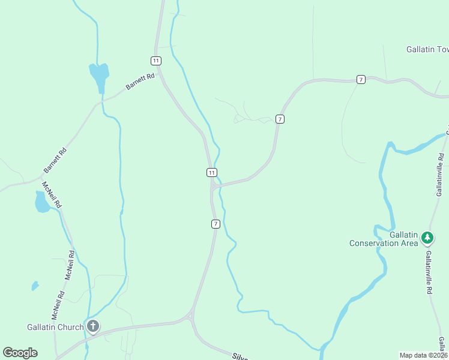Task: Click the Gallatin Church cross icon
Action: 93,326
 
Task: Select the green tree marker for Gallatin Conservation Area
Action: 427,238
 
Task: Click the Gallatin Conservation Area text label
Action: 384,239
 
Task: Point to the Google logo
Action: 20,353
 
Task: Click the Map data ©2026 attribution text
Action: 424,355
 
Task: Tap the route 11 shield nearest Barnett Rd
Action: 156,61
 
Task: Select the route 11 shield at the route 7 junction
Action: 212,173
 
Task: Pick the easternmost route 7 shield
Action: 361,79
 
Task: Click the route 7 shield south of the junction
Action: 215,224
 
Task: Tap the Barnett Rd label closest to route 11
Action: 140,82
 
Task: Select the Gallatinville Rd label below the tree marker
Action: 430,272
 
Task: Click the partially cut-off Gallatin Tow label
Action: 427,49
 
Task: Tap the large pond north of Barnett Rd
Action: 99,76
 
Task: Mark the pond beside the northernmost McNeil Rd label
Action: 42,202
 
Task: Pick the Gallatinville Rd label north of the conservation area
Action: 441,175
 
